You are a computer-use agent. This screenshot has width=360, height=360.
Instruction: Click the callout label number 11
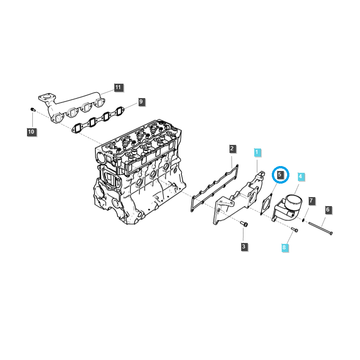(118, 87)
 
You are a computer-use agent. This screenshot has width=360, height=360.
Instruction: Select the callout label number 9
(141, 102)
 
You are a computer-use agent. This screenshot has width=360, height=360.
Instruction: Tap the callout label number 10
(31, 132)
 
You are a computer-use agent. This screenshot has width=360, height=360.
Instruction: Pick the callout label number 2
(232, 148)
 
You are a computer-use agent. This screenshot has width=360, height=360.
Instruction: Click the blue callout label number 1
(257, 153)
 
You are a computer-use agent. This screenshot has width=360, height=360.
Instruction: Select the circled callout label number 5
(280, 174)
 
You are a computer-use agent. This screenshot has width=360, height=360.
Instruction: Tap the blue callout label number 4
(301, 177)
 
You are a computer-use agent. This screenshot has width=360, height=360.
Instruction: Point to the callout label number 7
(311, 200)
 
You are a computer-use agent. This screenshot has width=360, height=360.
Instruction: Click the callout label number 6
(328, 210)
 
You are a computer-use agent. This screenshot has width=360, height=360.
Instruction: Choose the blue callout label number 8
(284, 247)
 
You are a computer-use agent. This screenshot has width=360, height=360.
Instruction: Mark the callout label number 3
(243, 246)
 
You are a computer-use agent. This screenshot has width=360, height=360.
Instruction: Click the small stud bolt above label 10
(32, 109)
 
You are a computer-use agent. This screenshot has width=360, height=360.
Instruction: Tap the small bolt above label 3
(244, 223)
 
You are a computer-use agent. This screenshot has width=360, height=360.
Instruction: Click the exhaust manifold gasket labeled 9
(98, 119)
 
